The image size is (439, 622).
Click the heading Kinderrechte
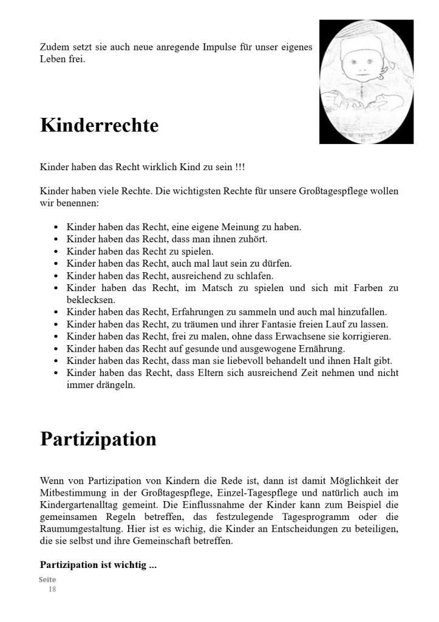click(x=99, y=126)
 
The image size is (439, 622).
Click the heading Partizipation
click(x=98, y=439)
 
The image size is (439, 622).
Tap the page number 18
click(x=52, y=589)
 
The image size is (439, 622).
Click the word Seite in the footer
click(x=47, y=580)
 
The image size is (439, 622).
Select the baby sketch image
click(x=366, y=82)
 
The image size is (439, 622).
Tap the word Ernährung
click(x=321, y=349)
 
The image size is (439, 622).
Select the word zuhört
click(x=253, y=239)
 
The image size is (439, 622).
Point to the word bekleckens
click(x=90, y=300)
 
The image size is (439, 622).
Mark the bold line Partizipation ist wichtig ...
click(x=98, y=565)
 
